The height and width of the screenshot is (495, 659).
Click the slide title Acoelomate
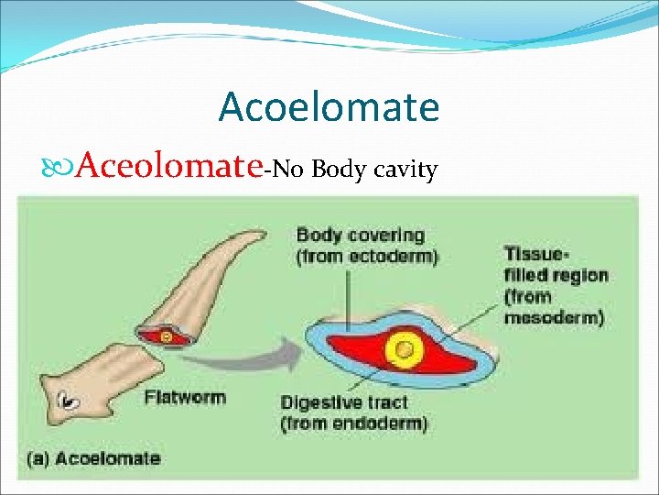[x=329, y=107]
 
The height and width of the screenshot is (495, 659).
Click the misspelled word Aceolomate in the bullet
[x=170, y=167]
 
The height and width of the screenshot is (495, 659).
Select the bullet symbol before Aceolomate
[x=60, y=168]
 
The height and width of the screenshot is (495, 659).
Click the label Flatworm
[x=185, y=398]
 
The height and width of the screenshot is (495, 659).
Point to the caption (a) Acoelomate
[x=94, y=458]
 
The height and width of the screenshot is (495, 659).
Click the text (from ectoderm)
[x=367, y=257]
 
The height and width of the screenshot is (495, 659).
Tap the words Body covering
[x=360, y=236]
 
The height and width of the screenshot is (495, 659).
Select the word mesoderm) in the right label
[x=553, y=318]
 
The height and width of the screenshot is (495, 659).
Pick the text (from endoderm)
[x=354, y=423]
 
